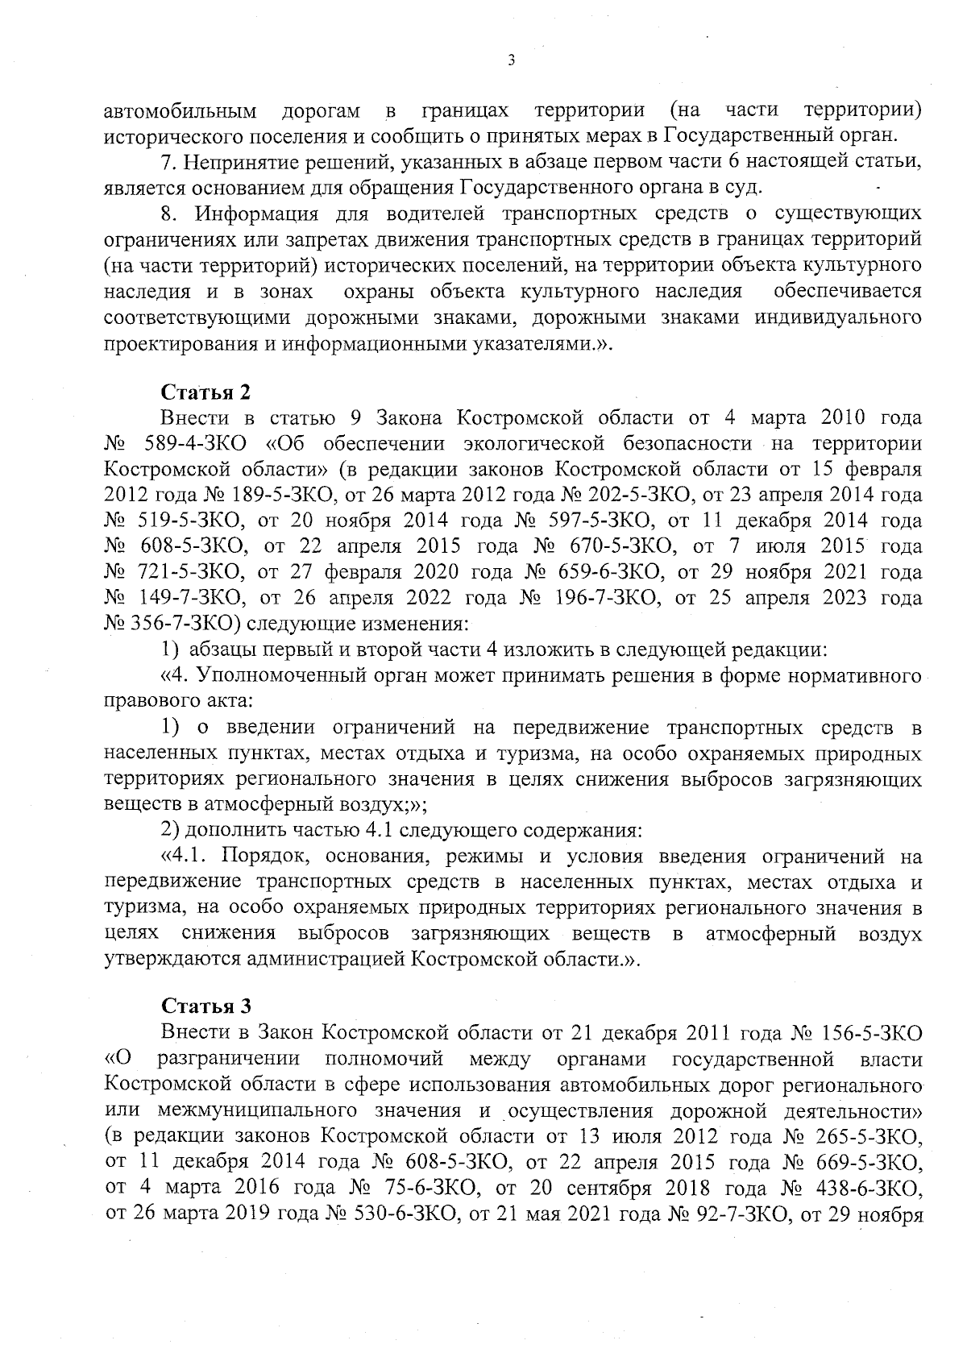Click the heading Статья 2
coord(206,392)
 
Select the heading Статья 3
coord(206,1006)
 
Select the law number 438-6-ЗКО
coord(865,1188)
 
